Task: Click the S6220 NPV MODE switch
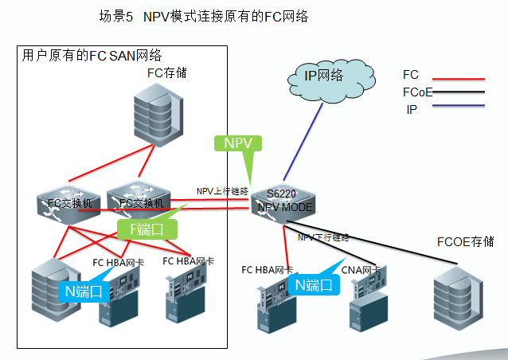pos(283,202)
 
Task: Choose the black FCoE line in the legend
pos(457,95)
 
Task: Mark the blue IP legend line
pos(457,110)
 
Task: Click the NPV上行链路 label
pos(223,191)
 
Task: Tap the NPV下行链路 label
pos(323,237)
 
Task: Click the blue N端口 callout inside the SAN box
pos(83,291)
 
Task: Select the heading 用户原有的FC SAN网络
pos(92,56)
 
